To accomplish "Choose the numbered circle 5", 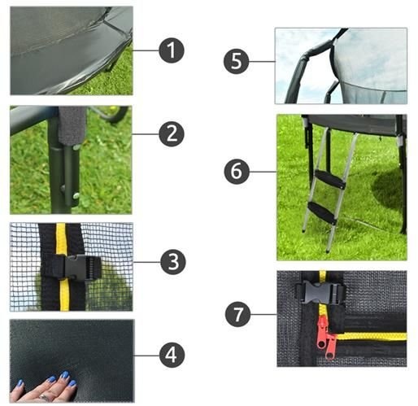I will [237, 62].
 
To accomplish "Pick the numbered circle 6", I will [237, 172].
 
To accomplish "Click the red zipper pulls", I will [327, 336].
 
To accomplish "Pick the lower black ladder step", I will [322, 212].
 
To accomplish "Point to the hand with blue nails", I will [45, 389].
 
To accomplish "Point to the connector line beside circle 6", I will [262, 172].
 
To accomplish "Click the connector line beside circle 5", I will [261, 60].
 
